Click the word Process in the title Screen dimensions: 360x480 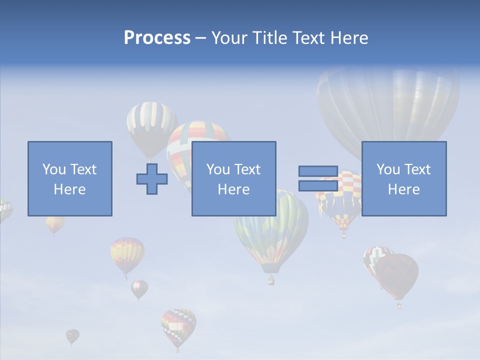(x=157, y=38)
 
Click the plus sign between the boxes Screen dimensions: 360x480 (x=152, y=179)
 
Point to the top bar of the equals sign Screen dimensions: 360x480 (x=318, y=171)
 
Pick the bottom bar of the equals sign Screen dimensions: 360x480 (x=318, y=185)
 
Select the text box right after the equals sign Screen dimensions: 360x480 (x=404, y=178)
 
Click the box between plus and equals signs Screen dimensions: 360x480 (x=233, y=178)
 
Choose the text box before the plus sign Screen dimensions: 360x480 (x=69, y=178)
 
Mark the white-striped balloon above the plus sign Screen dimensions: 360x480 (x=151, y=125)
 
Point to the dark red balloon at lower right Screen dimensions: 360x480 (x=397, y=275)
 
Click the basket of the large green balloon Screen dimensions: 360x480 (x=270, y=280)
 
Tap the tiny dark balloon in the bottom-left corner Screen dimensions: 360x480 (x=72, y=335)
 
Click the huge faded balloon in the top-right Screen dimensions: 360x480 (x=388, y=105)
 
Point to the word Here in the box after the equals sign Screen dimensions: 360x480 (x=404, y=189)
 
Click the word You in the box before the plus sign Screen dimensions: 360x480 (x=54, y=169)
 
